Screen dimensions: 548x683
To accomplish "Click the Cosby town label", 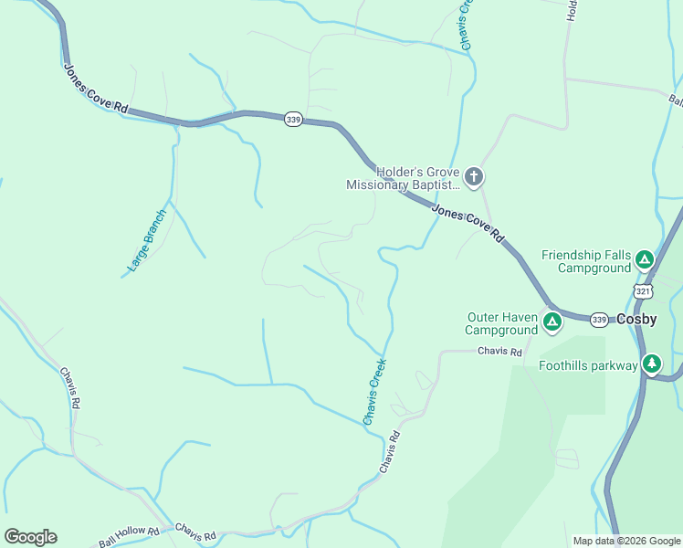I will [637, 320].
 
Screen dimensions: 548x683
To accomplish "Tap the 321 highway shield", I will [643, 290].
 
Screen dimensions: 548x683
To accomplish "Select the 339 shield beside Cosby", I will [598, 319].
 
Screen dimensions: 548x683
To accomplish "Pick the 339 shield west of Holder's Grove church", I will [292, 120].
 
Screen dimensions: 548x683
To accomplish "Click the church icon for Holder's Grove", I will [473, 176].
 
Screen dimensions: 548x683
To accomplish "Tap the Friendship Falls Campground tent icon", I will [644, 260].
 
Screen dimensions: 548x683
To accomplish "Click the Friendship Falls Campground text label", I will [586, 261].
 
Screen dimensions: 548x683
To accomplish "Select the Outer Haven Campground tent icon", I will [552, 321].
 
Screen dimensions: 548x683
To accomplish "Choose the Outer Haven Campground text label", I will [501, 323].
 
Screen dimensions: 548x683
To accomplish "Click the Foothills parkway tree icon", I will [651, 364].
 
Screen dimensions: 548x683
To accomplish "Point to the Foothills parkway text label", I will [588, 366].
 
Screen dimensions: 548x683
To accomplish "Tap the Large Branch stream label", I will [147, 242].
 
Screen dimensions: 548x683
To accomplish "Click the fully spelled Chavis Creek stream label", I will [375, 391].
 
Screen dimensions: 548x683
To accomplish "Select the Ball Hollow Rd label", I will [129, 536].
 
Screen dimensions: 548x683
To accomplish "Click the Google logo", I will [30, 537].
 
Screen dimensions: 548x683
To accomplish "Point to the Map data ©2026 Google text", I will [627, 541].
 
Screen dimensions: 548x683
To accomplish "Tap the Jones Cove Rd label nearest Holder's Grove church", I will [468, 223].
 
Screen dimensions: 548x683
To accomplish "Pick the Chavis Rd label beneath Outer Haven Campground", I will [498, 352].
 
